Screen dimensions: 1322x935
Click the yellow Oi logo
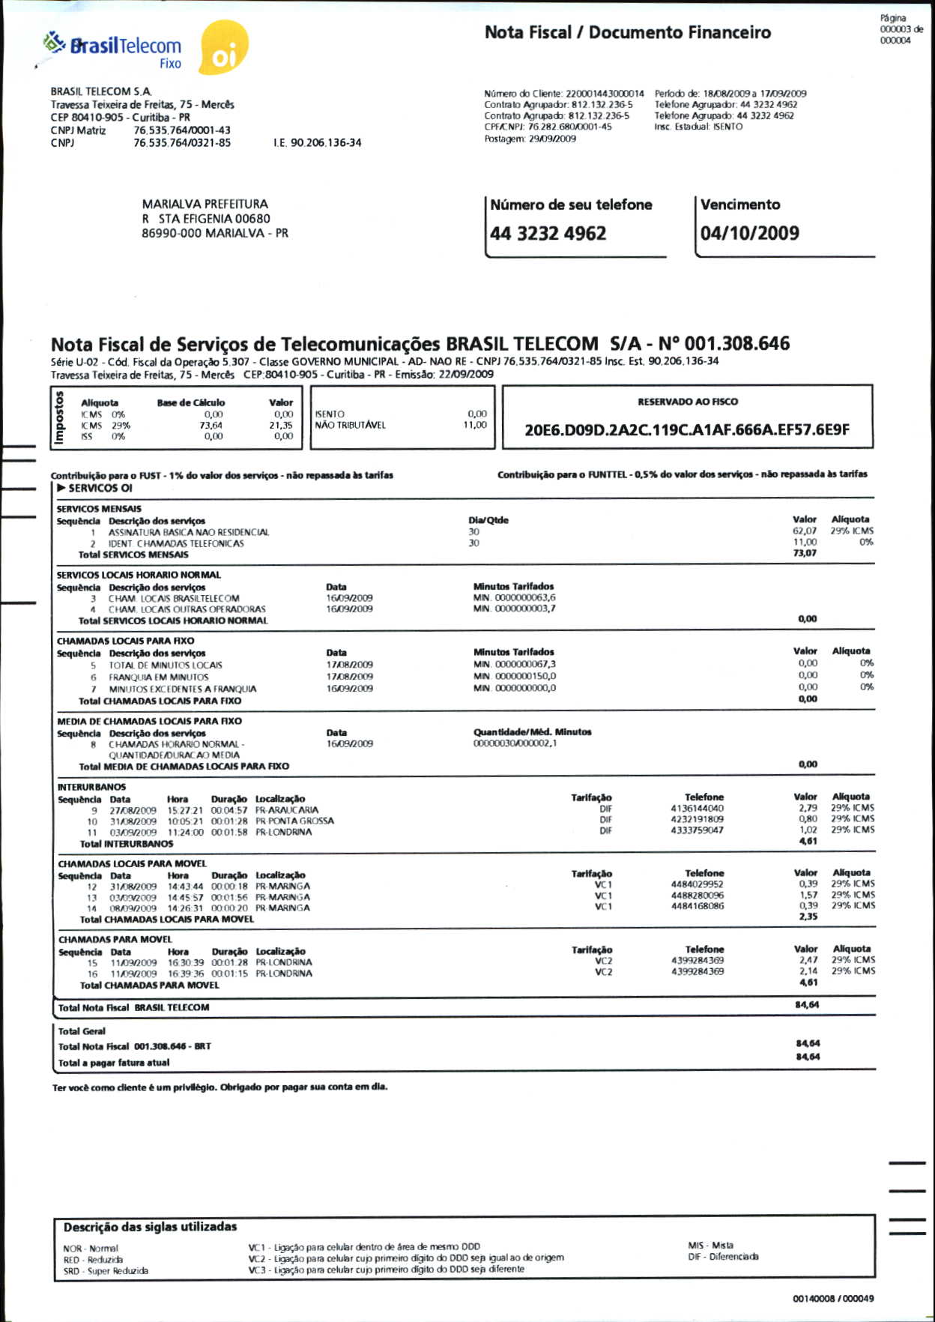coord(223,49)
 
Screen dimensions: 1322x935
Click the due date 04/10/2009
coord(749,233)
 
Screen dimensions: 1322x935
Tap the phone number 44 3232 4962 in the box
coord(548,234)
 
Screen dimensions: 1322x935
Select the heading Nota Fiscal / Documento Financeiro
coord(627,32)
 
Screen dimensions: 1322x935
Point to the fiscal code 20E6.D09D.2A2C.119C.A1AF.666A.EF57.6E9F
coord(686,430)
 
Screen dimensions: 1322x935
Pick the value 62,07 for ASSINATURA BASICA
coord(804,531)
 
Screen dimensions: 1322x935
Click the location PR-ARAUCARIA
coord(286,810)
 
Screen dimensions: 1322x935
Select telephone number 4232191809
coord(697,819)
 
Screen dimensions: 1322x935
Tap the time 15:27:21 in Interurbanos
coord(184,810)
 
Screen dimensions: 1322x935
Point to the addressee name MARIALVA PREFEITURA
coord(205,204)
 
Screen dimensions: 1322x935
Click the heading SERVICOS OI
coord(100,488)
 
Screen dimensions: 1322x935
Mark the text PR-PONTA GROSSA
coord(294,821)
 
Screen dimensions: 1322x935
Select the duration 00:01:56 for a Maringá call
coord(229,897)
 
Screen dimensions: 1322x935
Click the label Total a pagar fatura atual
coord(114,1063)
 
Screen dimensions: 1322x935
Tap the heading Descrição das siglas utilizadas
coord(150,1227)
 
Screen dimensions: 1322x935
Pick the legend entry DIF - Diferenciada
coord(723,1257)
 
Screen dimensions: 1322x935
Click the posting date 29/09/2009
coord(552,139)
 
